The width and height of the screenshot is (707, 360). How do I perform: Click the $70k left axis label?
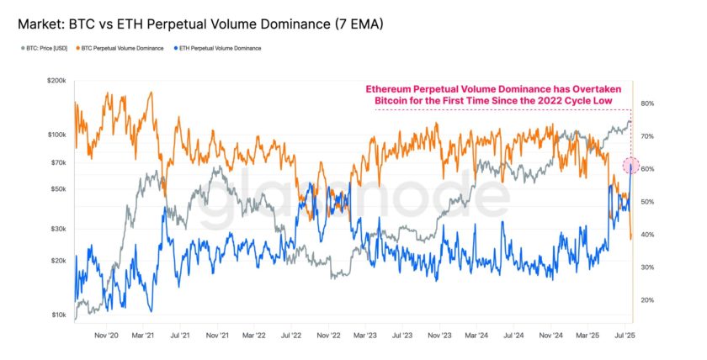point(56,162)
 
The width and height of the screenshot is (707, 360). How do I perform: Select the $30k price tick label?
point(56,229)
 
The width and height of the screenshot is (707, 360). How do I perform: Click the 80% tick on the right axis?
point(647,103)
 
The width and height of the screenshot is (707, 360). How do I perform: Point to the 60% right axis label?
point(647,169)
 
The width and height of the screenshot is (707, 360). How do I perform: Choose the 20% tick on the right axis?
point(647,300)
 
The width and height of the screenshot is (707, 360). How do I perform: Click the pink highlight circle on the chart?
point(631,166)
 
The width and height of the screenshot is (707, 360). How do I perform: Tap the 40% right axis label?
point(647,235)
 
